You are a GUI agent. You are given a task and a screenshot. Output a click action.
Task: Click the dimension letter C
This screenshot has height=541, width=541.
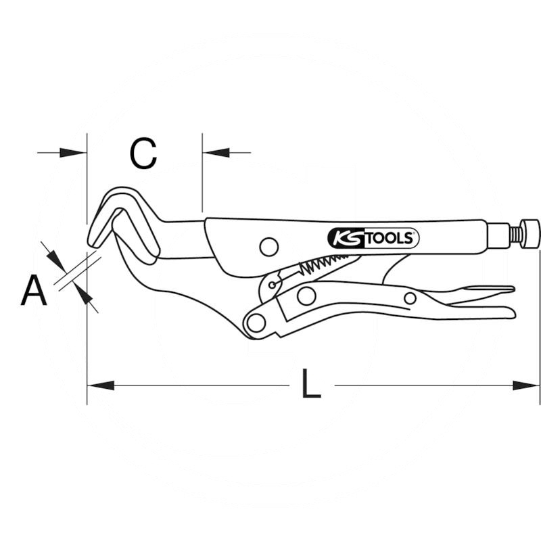(143, 154)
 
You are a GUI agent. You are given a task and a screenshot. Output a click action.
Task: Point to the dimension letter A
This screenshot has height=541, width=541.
(33, 290)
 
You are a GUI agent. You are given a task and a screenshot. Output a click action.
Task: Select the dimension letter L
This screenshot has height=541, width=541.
(311, 383)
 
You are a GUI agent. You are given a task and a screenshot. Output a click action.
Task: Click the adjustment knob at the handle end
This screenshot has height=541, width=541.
(530, 233)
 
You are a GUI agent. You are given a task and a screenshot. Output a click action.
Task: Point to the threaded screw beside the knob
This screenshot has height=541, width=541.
(515, 233)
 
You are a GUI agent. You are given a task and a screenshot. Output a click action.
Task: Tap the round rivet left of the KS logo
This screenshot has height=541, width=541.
(269, 247)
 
